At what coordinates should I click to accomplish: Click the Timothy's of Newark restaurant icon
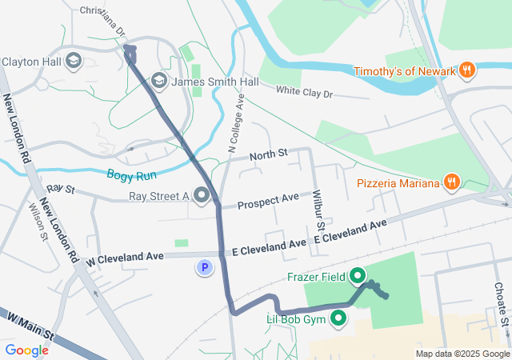coord(467,71)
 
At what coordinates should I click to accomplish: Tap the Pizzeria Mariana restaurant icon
coord(452,183)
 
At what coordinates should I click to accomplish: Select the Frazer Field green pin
coord(358,277)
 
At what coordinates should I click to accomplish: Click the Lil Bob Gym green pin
coord(339,320)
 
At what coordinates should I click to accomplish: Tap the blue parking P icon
coord(206,268)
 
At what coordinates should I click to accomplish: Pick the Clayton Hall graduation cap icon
coord(73,61)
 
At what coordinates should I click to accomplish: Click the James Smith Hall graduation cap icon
coord(158,81)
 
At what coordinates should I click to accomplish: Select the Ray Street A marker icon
coord(202,195)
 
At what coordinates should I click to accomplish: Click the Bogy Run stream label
coord(133,174)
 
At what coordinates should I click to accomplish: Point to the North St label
coord(267,154)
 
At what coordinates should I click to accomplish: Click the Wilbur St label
coord(318,216)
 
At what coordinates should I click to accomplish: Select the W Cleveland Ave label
coord(125,258)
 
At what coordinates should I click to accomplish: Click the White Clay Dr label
coord(303,93)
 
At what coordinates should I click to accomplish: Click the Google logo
coord(26,350)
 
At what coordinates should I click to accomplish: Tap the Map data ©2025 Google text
coord(461,354)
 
